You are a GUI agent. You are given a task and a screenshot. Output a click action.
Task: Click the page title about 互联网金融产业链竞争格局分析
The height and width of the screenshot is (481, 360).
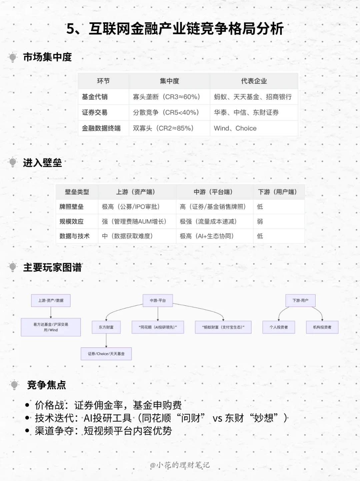175,29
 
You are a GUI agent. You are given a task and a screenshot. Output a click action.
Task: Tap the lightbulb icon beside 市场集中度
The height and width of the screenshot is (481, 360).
13,57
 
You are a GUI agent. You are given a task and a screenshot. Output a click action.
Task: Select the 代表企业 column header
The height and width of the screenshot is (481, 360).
254,81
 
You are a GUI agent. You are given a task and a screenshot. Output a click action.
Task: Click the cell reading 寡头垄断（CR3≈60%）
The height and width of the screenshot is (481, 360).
166,97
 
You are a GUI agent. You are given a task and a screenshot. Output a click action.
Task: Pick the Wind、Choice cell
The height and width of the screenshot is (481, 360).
235,128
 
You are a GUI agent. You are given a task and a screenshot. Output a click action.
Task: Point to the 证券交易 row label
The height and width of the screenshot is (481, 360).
95,113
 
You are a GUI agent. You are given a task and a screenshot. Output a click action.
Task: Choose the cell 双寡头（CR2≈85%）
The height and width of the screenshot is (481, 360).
163,128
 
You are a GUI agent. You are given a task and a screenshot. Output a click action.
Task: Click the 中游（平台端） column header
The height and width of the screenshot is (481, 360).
213,192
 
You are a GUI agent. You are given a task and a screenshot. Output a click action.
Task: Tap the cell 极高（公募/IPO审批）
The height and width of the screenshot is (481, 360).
131,207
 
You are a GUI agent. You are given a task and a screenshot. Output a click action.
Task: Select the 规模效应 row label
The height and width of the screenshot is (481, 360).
71,222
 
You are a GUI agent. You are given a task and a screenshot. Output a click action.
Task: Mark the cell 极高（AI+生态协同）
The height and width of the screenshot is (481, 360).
207,236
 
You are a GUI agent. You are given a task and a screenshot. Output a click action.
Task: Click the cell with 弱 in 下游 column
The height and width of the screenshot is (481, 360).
260,222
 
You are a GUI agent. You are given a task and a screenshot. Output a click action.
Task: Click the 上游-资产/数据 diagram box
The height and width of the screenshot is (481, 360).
51,300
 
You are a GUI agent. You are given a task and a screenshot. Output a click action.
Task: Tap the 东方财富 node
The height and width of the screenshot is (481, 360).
106,327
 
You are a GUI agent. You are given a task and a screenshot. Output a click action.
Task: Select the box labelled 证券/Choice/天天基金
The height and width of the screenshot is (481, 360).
106,354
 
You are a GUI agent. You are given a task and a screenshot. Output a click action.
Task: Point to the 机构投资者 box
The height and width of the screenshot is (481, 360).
322,327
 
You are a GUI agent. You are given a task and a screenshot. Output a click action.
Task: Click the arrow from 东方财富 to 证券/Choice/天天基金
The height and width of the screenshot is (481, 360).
106,341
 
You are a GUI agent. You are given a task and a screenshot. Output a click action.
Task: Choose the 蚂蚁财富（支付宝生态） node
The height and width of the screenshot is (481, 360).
223,327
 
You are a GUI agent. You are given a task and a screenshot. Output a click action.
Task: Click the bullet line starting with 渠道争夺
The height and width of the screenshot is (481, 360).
103,431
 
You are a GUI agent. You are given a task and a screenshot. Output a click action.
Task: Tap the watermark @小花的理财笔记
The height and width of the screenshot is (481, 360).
180,465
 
